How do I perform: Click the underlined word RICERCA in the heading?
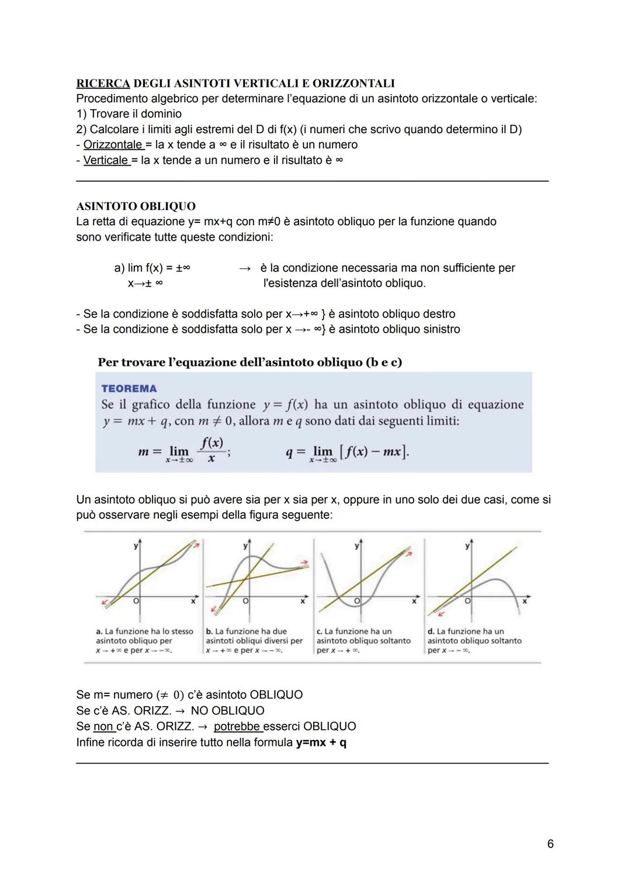click(103, 83)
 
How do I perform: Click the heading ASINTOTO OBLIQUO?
click(136, 206)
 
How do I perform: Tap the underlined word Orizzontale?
click(113, 144)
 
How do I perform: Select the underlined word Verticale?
click(106, 160)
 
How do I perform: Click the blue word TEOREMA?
click(129, 389)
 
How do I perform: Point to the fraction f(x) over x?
click(211, 451)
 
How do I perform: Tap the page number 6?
click(550, 844)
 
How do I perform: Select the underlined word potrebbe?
click(238, 726)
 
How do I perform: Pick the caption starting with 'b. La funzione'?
click(254, 641)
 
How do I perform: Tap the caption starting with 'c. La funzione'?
click(363, 641)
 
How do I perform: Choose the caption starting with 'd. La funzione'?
click(474, 641)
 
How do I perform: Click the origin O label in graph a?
click(136, 601)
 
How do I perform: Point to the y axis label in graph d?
click(467, 546)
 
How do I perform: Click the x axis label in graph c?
click(414, 601)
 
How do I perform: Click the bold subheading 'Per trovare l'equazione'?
click(249, 362)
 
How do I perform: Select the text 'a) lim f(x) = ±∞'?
click(152, 268)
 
